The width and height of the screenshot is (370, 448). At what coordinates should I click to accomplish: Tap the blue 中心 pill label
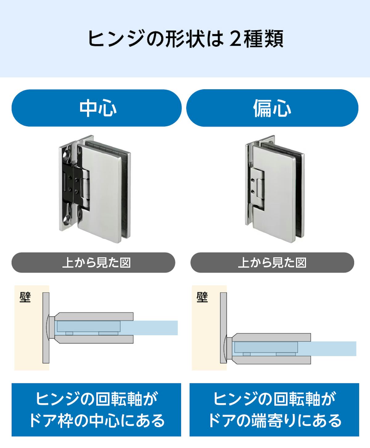(x=97, y=108)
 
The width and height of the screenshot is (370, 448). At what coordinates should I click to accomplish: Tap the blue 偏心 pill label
(x=272, y=108)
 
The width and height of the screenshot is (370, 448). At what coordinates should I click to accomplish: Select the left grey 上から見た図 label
(x=93, y=263)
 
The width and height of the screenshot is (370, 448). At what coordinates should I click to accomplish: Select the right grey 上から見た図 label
(x=272, y=263)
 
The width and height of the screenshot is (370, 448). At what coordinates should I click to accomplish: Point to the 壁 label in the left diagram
(x=25, y=297)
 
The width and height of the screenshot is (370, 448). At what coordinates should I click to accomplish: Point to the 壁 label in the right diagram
(x=202, y=297)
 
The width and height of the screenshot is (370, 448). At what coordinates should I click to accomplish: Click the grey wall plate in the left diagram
(x=46, y=328)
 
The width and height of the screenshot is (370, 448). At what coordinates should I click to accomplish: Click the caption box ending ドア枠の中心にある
(x=96, y=410)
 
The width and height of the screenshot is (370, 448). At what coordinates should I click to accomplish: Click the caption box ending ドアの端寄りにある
(x=274, y=410)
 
